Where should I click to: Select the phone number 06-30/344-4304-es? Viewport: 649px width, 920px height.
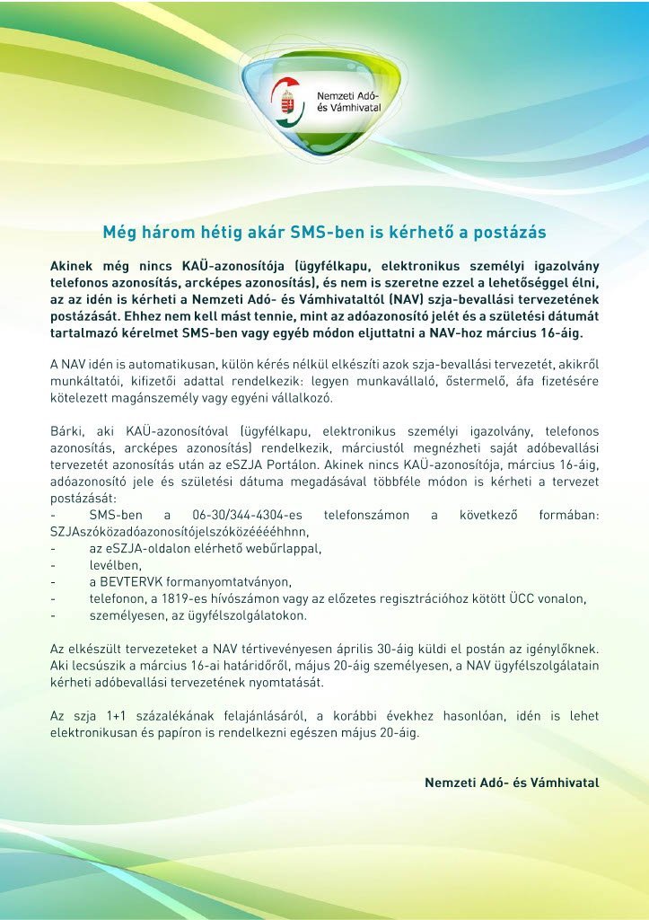[247, 515]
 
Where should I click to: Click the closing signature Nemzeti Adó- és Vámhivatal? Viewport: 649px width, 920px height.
[512, 783]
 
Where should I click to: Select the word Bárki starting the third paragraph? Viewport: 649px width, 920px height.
[67, 431]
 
